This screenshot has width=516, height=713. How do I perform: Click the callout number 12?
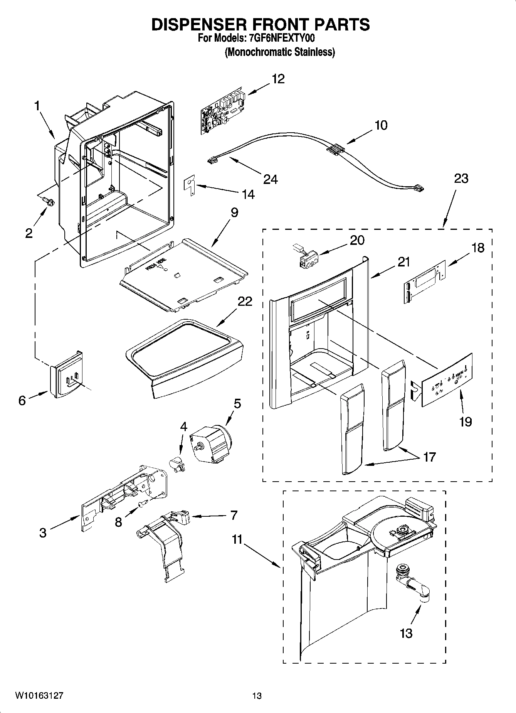[278, 79]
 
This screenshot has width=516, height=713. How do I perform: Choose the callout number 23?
[461, 179]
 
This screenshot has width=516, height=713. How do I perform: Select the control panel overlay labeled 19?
[447, 380]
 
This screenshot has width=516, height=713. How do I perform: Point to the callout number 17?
[429, 457]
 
